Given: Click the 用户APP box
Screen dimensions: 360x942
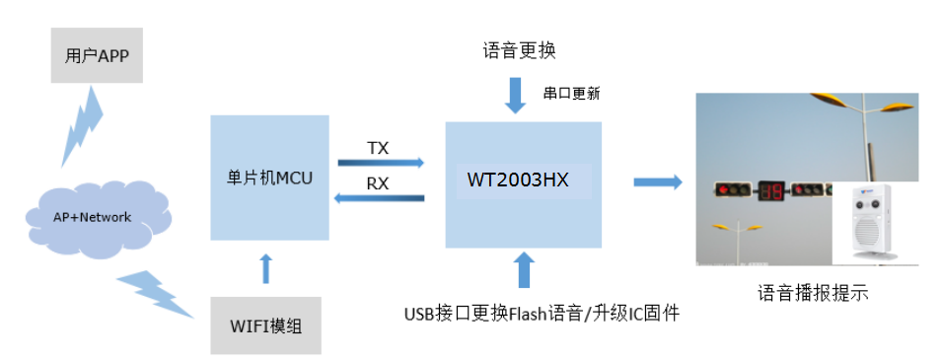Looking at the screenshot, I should [x=97, y=56].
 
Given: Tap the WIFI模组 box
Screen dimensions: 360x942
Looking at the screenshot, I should [x=265, y=324].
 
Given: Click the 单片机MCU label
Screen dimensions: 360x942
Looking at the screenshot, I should [x=269, y=178].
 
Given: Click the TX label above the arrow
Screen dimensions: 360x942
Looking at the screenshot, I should [x=378, y=148].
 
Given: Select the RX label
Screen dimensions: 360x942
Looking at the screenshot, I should [x=378, y=183].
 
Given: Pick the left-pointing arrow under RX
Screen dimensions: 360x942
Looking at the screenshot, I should [x=380, y=199].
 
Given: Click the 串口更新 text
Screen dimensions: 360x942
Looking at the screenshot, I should [x=571, y=95].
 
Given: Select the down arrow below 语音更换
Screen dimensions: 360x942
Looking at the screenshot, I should [x=516, y=94].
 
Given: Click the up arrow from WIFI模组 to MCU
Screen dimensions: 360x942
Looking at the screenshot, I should [x=263, y=268].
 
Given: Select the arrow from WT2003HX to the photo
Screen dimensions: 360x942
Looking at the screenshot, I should [x=657, y=181].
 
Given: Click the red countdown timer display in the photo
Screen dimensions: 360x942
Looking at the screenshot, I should [x=770, y=190].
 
